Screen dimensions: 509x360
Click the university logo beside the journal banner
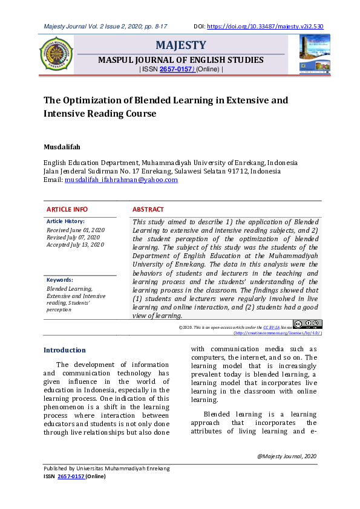click(x=56, y=54)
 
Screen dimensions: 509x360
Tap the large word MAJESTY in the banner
click(x=181, y=45)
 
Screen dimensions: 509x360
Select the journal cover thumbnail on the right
click(x=315, y=54)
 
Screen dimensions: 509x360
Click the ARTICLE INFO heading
click(x=67, y=209)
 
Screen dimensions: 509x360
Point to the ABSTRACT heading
click(x=148, y=209)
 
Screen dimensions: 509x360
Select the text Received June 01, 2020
click(x=76, y=230)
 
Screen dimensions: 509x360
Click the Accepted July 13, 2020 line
click(x=76, y=245)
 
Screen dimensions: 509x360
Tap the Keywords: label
click(x=60, y=280)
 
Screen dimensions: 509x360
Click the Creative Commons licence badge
click(x=307, y=325)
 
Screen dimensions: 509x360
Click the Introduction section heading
click(x=65, y=350)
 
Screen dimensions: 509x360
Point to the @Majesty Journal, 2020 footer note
click(x=287, y=456)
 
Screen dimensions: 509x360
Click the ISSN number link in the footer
click(x=71, y=476)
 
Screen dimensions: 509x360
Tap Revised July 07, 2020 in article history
click(x=73, y=238)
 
